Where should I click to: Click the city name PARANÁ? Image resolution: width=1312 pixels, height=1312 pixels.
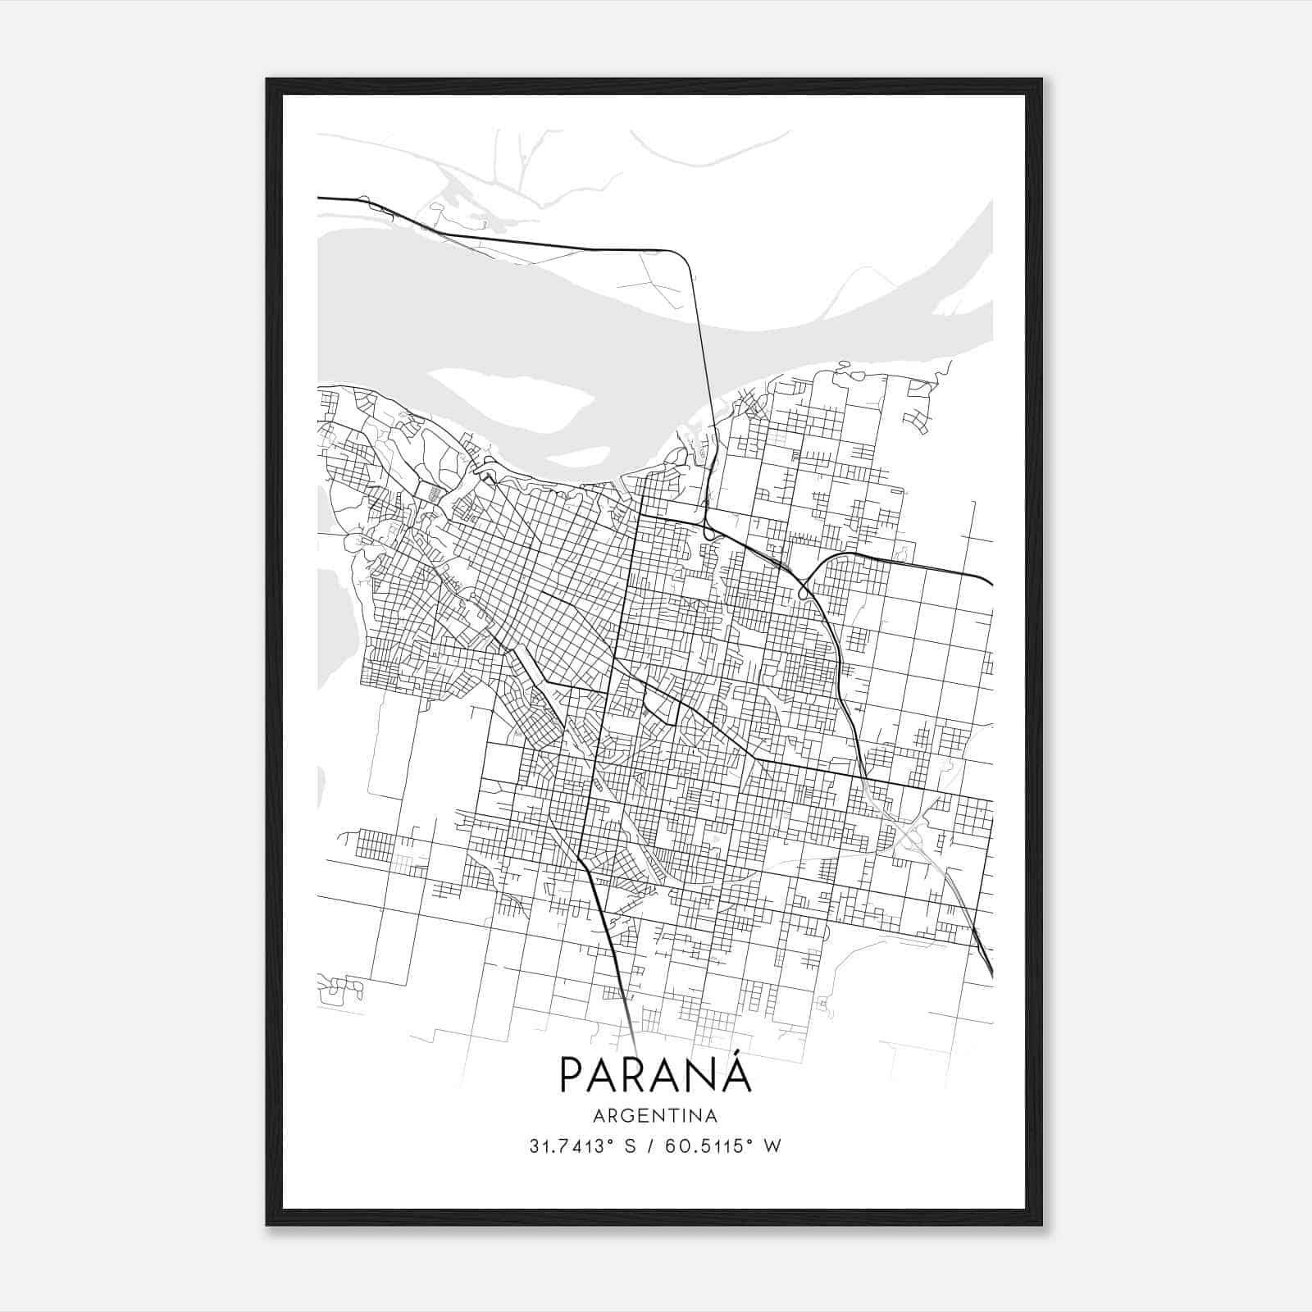point(655,1075)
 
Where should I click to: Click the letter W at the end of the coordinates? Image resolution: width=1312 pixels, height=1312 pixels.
point(772,1146)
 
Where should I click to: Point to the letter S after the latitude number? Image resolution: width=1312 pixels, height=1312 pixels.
point(631,1146)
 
